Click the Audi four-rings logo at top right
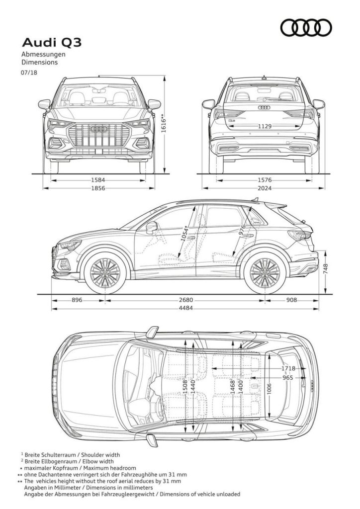[306, 27]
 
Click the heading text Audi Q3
[52, 43]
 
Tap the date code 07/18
[29, 73]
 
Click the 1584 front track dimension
[98, 180]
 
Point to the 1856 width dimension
[98, 188]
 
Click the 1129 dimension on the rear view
[265, 126]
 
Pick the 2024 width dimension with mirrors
[265, 188]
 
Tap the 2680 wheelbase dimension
[185, 300]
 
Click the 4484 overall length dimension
[185, 308]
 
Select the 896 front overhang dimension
[77, 300]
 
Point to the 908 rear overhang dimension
[291, 300]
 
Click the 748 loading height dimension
[326, 269]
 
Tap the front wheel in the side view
[105, 273]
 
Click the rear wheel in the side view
[265, 273]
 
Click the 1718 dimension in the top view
[288, 368]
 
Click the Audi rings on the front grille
[99, 129]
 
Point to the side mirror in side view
[151, 227]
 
